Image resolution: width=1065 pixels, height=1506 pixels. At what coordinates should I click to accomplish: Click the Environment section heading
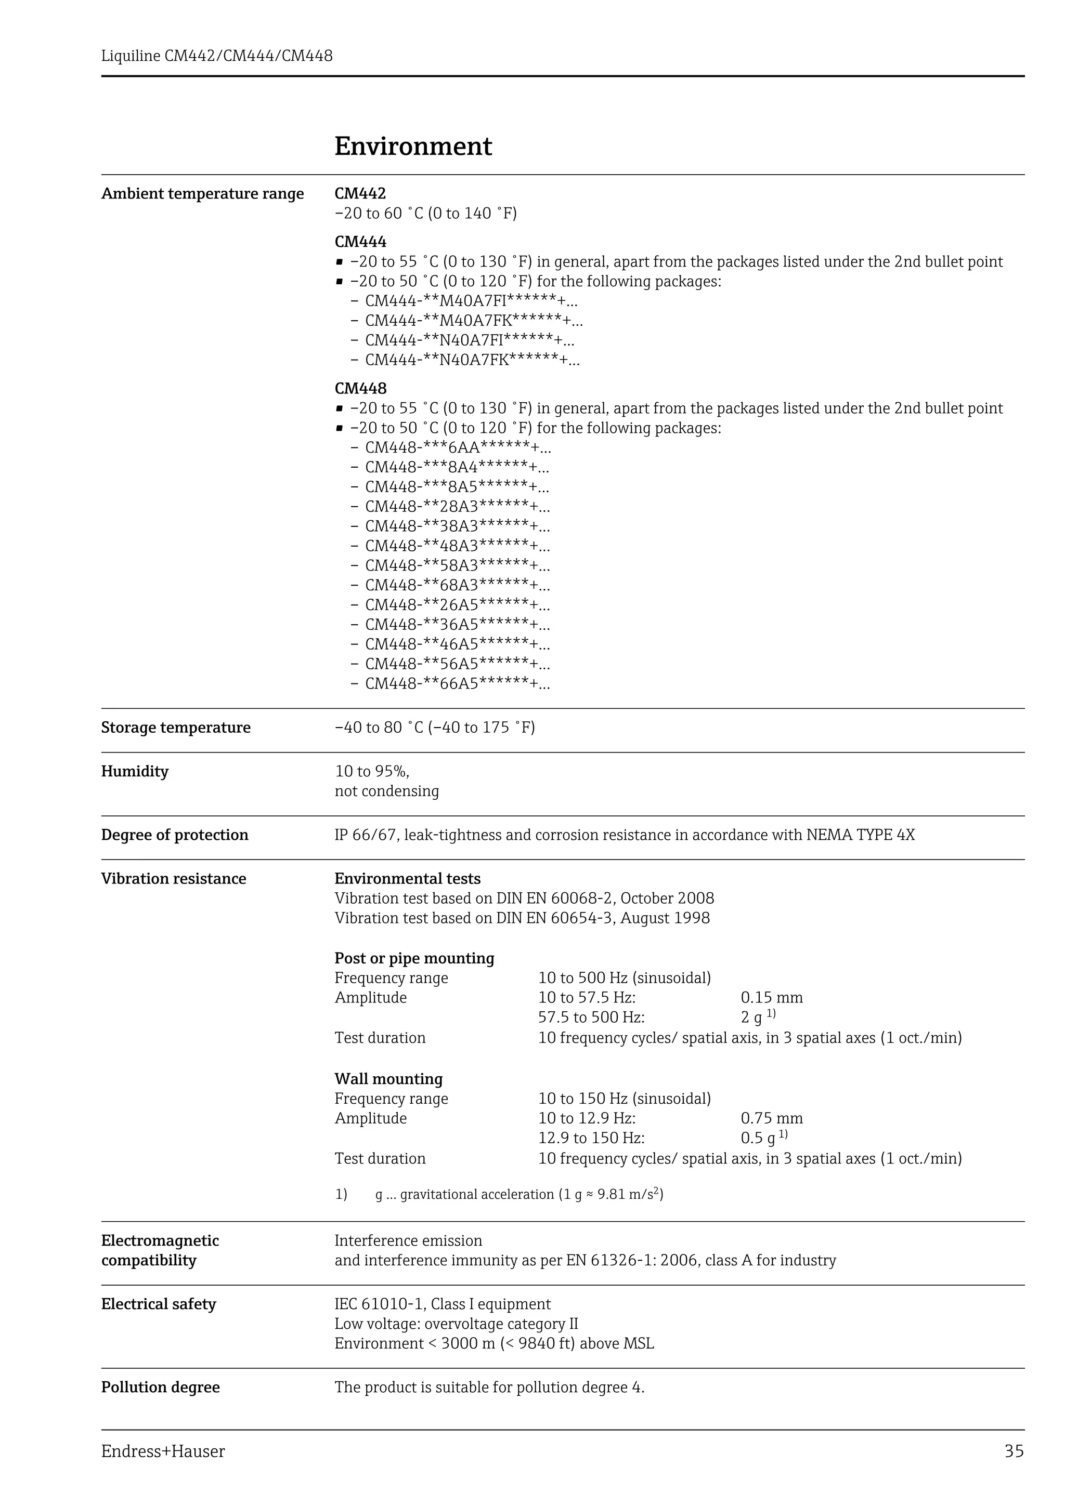pos(413,146)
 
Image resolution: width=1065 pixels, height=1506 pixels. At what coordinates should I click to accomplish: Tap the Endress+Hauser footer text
pos(163,1451)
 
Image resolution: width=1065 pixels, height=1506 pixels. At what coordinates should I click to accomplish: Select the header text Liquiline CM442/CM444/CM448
pos(216,56)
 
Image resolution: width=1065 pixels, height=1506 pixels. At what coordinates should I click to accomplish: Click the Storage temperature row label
pos(175,728)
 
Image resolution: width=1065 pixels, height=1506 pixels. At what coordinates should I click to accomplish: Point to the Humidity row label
pos(135,771)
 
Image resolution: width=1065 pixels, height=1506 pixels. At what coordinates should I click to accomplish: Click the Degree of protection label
pos(175,835)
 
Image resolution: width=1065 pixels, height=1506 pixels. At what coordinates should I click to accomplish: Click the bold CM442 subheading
pos(360,193)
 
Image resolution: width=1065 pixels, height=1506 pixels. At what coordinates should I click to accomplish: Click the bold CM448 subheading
pos(360,388)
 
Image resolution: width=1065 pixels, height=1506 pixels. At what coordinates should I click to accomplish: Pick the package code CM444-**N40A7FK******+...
pos(471,360)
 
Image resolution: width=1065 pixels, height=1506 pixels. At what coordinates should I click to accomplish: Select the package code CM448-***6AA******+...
pos(458,448)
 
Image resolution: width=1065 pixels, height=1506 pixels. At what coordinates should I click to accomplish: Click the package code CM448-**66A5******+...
pos(458,684)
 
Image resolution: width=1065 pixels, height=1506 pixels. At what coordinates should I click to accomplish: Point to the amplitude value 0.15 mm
pos(772,998)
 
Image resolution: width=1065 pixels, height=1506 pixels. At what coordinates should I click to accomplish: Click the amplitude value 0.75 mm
pos(772,1118)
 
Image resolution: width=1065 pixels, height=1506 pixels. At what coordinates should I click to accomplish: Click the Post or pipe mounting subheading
pos(414,958)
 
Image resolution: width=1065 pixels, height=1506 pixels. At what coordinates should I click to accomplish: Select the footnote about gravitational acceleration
pos(518,1194)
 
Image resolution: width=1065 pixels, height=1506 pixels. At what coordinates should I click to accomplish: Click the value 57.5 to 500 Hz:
pos(591,1018)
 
